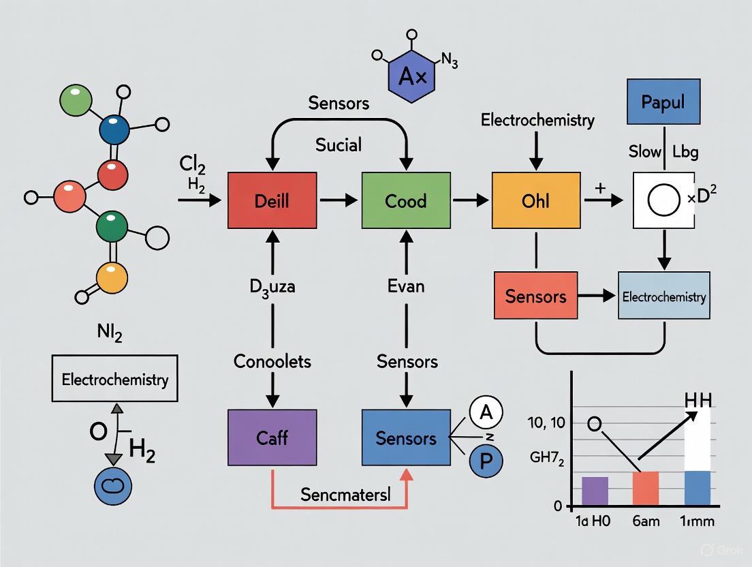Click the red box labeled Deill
(272, 200)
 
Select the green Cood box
(406, 200)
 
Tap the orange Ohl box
(536, 200)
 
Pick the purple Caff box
(272, 438)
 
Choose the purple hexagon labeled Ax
(412, 76)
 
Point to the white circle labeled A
(486, 412)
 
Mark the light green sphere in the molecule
(75, 101)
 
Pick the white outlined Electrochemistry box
(114, 379)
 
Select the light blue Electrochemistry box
(663, 296)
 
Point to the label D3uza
(272, 286)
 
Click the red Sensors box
(535, 296)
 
